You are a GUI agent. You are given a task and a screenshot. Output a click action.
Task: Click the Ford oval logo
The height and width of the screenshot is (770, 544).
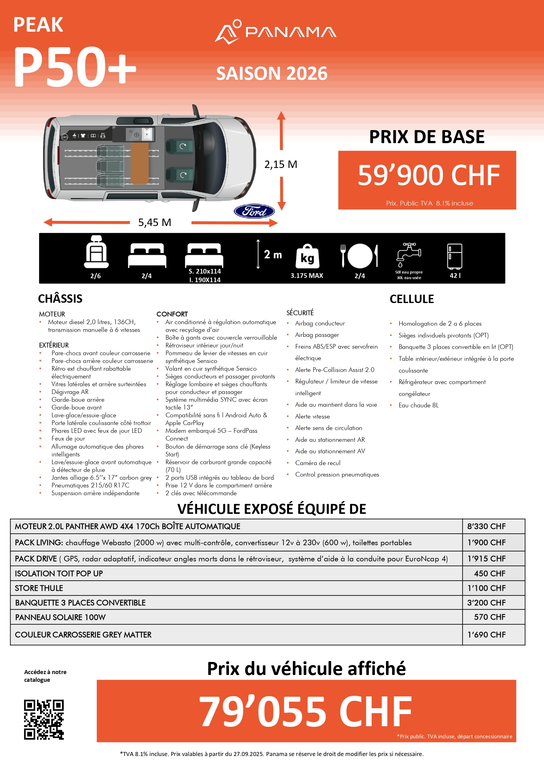tap(254, 211)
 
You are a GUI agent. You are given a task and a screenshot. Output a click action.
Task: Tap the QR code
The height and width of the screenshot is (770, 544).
tap(43, 719)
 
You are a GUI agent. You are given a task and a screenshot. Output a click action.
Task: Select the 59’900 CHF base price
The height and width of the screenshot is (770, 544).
tap(428, 175)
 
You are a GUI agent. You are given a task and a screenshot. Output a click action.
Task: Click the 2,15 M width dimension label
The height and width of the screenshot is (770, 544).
tap(281, 164)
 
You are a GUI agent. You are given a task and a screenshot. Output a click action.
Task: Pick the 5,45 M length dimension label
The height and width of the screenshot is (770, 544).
tap(155, 222)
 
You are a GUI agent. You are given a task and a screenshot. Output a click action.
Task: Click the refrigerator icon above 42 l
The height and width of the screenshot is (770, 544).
tap(455, 256)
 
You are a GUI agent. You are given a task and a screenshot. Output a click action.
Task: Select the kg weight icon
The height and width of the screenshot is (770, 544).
tap(307, 256)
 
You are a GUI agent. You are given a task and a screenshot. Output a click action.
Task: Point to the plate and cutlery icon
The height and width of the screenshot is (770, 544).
tap(360, 256)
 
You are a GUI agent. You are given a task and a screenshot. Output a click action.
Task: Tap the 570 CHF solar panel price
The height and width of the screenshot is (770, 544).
tap(489, 617)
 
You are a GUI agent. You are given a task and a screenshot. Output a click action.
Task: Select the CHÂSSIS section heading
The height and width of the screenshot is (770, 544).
tap(60, 298)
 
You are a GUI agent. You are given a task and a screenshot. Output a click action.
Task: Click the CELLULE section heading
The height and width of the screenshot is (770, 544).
tap(411, 299)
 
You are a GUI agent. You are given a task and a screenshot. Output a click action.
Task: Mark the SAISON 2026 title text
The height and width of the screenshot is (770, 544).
tap(272, 74)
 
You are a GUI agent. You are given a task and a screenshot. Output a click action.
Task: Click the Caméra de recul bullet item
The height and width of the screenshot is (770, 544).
tap(318, 463)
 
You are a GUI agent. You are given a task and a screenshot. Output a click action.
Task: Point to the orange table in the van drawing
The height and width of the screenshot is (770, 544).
tap(139, 163)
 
